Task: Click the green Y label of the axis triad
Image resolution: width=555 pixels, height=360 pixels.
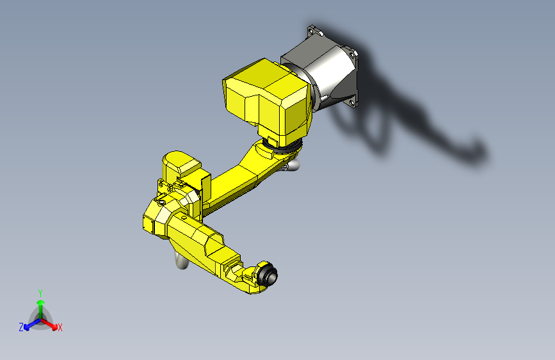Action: point(40,292)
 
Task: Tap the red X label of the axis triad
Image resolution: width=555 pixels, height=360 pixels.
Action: point(60,327)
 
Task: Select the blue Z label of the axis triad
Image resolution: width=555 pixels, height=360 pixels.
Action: point(21,327)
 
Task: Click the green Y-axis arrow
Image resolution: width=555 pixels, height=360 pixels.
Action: point(40,304)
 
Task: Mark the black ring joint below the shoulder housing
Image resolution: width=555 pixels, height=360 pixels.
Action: point(285,148)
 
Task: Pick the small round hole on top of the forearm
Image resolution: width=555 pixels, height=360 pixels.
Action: point(184,218)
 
